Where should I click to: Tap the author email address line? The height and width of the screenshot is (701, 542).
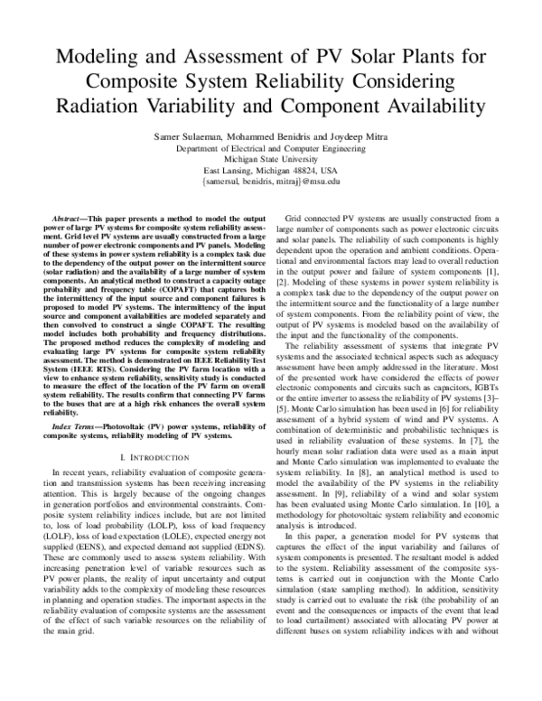tap(270, 181)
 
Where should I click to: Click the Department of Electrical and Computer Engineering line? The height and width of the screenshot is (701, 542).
tap(270, 146)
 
